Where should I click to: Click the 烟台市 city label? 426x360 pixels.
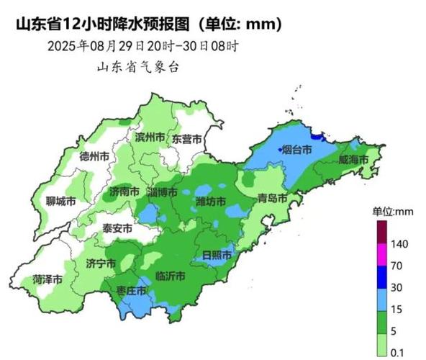296,150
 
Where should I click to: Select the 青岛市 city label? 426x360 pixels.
273,198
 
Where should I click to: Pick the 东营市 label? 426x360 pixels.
186,139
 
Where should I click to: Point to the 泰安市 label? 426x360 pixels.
117,228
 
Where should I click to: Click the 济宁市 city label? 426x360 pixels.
101,264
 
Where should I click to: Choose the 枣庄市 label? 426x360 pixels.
132,290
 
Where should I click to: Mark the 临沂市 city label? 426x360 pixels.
171,276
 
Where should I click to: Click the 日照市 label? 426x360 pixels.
216,255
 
